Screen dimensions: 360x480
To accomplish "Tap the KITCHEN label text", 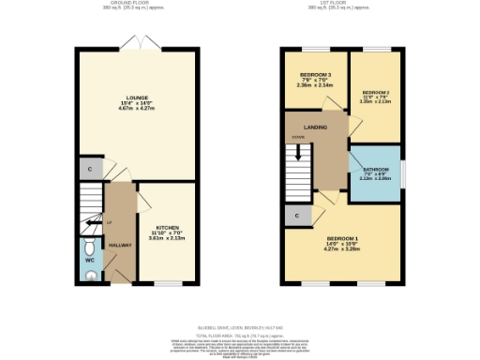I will pyautogui.click(x=168, y=227).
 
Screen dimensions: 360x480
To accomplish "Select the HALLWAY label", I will pyautogui.click(x=120, y=245).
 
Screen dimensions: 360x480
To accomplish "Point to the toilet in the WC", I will pyautogui.click(x=87, y=248).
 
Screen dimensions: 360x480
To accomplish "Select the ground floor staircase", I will pyautogui.click(x=90, y=207).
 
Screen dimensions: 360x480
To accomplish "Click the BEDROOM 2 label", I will pyautogui.click(x=375, y=92).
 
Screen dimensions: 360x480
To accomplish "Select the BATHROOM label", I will pyautogui.click(x=375, y=170).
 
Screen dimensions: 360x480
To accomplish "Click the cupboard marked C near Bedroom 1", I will pyautogui.click(x=296, y=216).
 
